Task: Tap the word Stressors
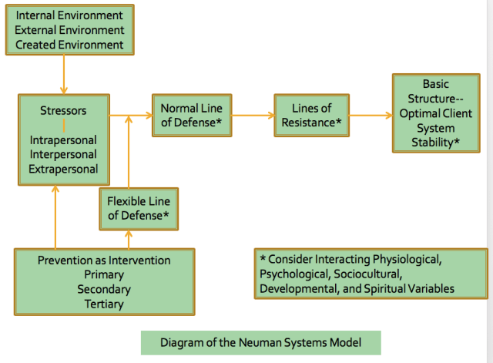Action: pyautogui.click(x=63, y=111)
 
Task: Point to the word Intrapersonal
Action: pyautogui.click(x=63, y=140)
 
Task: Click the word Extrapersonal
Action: pyautogui.click(x=63, y=168)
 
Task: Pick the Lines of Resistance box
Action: pyautogui.click(x=312, y=116)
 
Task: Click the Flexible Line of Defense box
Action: pyautogui.click(x=139, y=209)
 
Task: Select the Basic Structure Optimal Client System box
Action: pyautogui.click(x=435, y=113)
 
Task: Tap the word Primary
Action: pyautogui.click(x=104, y=274)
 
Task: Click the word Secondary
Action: pyautogui.click(x=104, y=289)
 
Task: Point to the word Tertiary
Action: pyautogui.click(x=104, y=304)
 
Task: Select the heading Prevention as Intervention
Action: pyautogui.click(x=104, y=260)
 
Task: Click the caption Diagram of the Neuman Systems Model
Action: pyautogui.click(x=260, y=342)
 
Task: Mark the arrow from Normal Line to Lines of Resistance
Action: pyautogui.click(x=253, y=116)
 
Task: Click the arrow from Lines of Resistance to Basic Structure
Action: pyautogui.click(x=371, y=116)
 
